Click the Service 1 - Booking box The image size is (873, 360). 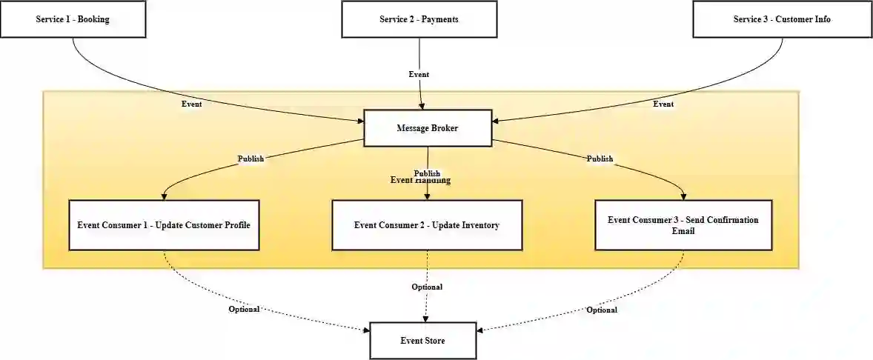[73, 19]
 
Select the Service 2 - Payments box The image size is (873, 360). [419, 19]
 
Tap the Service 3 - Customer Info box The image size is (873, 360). [782, 19]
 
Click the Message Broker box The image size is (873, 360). [427, 128]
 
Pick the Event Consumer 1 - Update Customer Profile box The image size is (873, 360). [164, 224]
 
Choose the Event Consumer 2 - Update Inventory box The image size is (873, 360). [427, 224]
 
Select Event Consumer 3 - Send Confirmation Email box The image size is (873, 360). [683, 224]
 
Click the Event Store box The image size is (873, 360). [422, 341]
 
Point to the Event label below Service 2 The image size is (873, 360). [419, 74]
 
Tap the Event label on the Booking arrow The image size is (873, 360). [191, 104]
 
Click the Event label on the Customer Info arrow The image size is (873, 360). [663, 104]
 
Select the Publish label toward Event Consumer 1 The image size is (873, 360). [250, 159]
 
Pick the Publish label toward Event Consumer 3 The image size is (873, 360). [600, 159]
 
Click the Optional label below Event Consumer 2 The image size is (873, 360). [427, 287]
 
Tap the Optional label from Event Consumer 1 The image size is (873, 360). [244, 309]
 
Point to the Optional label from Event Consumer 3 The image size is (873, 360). [602, 310]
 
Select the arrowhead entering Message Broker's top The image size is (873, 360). [422, 106]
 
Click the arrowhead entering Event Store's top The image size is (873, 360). [425, 319]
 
